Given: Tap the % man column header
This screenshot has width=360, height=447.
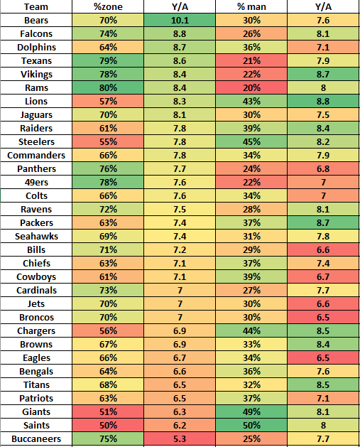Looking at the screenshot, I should (251, 6).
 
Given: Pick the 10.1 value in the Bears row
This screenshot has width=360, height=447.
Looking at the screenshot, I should (180, 20).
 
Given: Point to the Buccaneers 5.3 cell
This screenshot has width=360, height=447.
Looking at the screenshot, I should (180, 438).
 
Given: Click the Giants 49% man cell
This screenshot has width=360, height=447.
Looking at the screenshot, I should (251, 411).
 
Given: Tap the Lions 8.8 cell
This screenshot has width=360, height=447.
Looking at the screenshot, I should (322, 101).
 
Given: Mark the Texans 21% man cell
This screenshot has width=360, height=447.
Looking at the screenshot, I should (251, 60).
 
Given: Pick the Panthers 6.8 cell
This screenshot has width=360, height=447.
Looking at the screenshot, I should (322, 168).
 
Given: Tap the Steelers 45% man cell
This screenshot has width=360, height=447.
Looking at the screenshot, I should (251, 141).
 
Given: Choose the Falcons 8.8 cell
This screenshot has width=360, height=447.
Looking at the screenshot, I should (180, 33).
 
